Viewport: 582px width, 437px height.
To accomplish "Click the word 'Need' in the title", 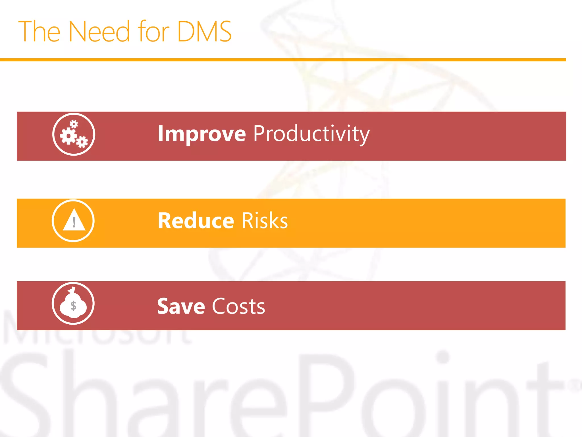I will point(99,32).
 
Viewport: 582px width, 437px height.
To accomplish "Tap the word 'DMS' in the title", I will point(204,32).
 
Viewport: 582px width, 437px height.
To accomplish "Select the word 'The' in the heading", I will point(39,32).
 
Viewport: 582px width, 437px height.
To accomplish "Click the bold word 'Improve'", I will point(201,134).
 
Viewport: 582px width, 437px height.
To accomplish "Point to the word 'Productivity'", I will point(311,134).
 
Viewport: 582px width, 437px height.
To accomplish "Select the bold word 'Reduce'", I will point(196,221).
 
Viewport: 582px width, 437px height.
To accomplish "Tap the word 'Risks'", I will point(265,221).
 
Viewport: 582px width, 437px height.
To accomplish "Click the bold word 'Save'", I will point(181,307).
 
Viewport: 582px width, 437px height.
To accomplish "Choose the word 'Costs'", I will point(238,307).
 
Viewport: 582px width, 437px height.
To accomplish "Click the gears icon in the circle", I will point(74,134).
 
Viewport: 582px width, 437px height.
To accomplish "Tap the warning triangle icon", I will point(74,221).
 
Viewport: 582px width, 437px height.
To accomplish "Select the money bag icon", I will point(73,303).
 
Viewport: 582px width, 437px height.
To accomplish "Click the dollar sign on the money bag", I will point(73,306).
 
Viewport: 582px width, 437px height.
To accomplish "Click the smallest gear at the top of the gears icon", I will point(74,124).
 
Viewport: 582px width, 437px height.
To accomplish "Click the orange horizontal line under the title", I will point(283,60).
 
